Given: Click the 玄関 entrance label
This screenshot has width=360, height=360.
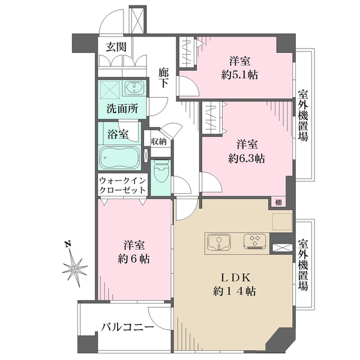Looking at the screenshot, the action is point(116,47).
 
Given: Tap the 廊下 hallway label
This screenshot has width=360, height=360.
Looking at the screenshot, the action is point(163,79).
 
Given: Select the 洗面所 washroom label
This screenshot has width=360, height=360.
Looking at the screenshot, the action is point(122,109).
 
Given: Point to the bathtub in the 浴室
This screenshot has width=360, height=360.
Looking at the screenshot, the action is point(119,157).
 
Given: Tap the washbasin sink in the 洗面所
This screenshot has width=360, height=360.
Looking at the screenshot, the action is point(134,88).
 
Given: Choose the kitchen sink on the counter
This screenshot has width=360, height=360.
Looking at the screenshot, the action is point(219,242).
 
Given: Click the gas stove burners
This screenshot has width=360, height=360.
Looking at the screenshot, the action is point(255,241).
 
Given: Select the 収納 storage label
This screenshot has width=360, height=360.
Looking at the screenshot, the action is point(158,142).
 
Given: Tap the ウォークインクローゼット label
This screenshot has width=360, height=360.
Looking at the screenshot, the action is point(122,185).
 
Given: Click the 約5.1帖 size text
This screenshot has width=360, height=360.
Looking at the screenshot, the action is point(239,75).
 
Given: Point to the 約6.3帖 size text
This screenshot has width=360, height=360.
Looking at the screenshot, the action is point(247,158).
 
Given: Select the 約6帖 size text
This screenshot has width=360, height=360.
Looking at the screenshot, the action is point(134,259).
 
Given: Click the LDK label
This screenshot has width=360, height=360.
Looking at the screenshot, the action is point(234,278).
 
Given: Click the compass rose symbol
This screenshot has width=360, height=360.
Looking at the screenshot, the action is point(75,269).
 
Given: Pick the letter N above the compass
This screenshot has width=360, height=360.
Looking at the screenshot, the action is point(67,244).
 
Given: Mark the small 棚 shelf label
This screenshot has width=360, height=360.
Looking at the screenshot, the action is point(278,203).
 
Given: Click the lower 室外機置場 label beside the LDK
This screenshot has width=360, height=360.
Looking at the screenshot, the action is point(303,265).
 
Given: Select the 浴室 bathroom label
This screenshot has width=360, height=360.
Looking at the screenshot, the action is point(118,134).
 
